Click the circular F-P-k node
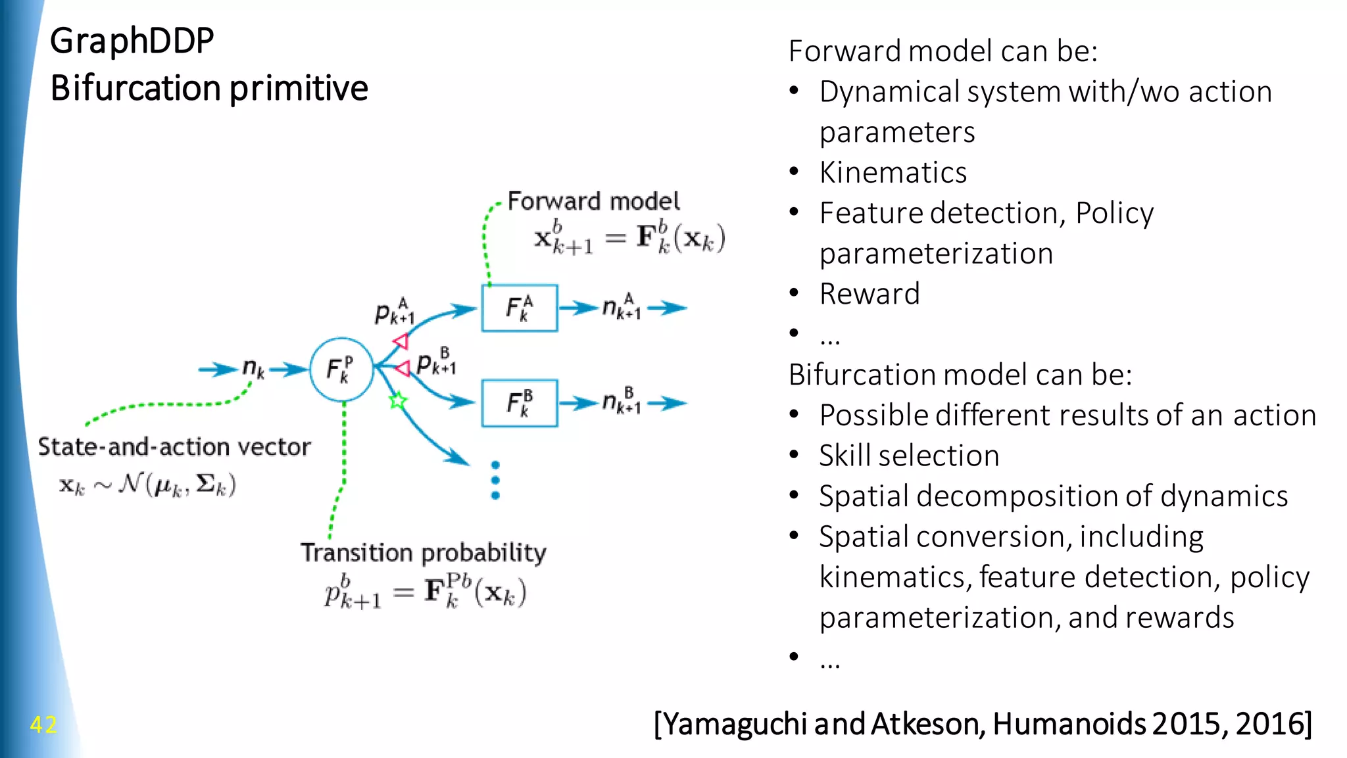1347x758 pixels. click(x=341, y=370)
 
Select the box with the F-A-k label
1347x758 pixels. click(x=520, y=308)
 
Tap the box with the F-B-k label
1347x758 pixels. click(x=520, y=402)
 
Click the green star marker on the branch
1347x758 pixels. click(x=398, y=400)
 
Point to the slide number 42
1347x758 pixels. click(x=43, y=724)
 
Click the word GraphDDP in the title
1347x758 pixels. click(x=132, y=41)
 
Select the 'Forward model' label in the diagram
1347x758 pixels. click(x=593, y=201)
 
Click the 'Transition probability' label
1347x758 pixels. click(x=423, y=553)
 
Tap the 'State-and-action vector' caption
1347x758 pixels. click(x=174, y=447)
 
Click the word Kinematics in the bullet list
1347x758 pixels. click(x=893, y=173)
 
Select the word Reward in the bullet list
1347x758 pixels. click(x=869, y=294)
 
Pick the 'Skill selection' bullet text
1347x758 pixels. click(x=908, y=456)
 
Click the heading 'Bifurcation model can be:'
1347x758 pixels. click(x=960, y=375)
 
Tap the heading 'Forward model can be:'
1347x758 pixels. click(x=943, y=51)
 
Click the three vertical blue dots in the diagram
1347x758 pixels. click(x=495, y=481)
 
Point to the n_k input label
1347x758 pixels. click(x=253, y=368)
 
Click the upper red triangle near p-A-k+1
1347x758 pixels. click(x=401, y=341)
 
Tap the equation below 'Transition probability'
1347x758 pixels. click(x=425, y=591)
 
